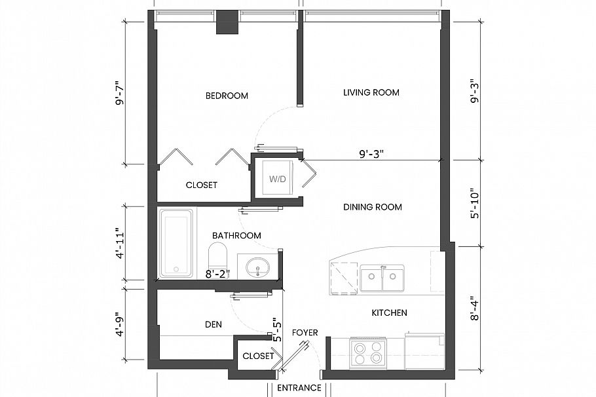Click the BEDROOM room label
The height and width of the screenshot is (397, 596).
pos(227,96)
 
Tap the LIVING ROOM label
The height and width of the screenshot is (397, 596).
pos(371,92)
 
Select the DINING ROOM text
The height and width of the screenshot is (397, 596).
pos(373,207)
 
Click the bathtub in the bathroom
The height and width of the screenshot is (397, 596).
pos(176,242)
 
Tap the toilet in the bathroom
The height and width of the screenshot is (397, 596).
pos(218,255)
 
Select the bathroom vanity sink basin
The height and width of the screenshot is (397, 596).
pos(257,267)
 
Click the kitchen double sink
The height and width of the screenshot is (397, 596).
pos(382,277)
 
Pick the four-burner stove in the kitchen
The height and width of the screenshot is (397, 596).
pos(367,352)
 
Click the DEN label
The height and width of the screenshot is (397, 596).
pos(214,324)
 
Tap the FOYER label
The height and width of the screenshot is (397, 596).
pos(305,333)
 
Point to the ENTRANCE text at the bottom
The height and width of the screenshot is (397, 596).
pos(299,388)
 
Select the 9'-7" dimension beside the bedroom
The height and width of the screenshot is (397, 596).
pos(120,93)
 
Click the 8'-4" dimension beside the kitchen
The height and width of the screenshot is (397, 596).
pos(475,309)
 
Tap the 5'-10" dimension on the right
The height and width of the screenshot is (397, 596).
pos(475,203)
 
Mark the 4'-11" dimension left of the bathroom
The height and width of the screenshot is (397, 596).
pos(120,243)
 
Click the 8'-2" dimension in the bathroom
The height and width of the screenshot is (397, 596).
pos(218,274)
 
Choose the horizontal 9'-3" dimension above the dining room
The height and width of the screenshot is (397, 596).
pos(371,154)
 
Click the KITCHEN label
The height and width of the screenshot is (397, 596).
pos(389,312)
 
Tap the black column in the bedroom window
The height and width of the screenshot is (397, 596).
pos(227,22)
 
